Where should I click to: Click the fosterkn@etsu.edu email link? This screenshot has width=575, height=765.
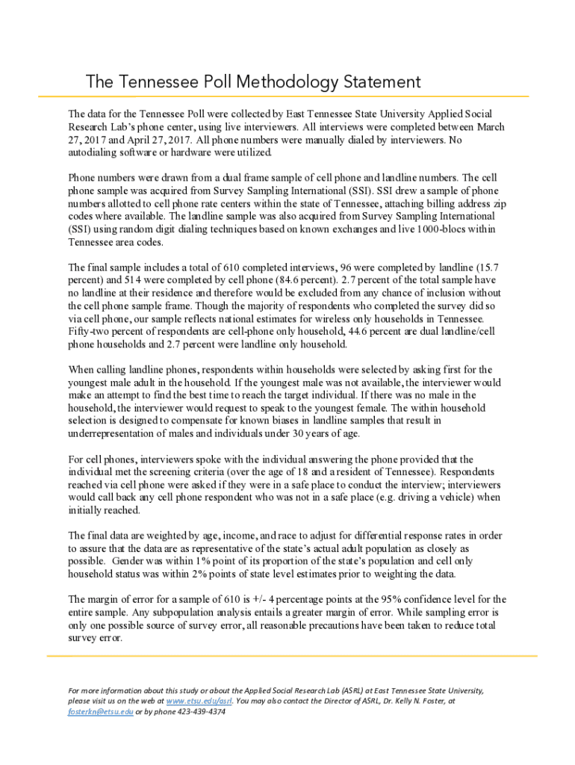(x=101, y=711)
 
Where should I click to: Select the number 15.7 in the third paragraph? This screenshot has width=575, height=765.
(x=491, y=267)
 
